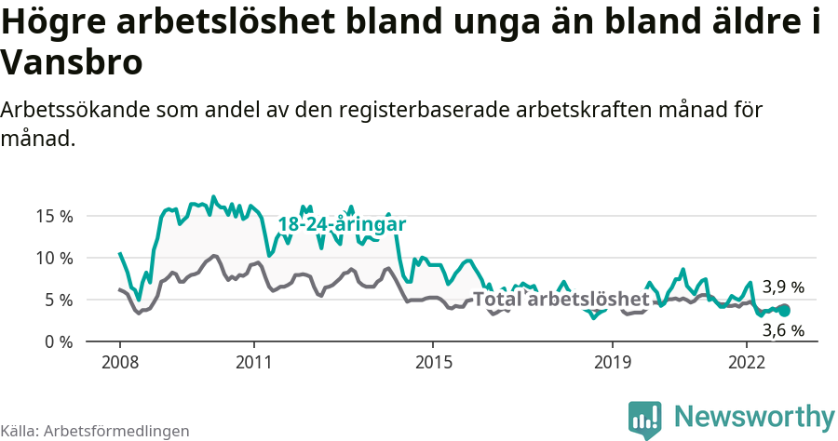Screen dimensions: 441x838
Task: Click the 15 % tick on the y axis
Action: (x=54, y=216)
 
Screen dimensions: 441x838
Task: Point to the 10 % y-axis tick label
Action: (x=54, y=258)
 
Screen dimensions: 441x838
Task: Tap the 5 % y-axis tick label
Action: (x=58, y=300)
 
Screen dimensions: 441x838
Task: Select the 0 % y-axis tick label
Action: (x=58, y=341)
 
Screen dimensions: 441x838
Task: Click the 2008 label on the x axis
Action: (x=120, y=361)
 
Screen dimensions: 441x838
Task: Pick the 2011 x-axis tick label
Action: (x=254, y=361)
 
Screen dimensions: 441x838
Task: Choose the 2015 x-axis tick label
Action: (x=433, y=361)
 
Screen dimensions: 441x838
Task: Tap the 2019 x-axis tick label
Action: (x=612, y=361)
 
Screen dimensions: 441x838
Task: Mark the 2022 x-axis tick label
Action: (x=746, y=361)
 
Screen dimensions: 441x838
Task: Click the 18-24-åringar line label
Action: (x=342, y=224)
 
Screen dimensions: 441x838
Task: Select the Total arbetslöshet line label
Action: (x=561, y=299)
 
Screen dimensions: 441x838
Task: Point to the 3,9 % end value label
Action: (x=783, y=287)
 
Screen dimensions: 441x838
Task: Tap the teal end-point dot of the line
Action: (x=784, y=311)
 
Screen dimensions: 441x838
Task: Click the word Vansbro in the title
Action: (x=73, y=63)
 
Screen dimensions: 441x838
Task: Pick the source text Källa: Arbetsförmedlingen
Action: (x=95, y=431)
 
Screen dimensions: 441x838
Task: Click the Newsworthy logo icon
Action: (x=645, y=419)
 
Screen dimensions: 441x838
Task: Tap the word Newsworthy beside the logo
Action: (x=754, y=417)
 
